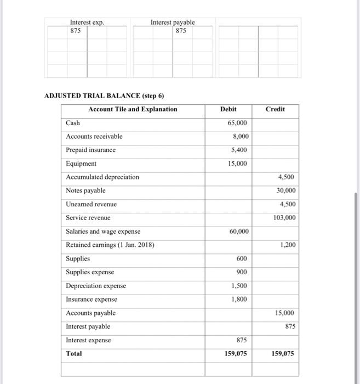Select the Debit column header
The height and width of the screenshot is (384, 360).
coord(228,109)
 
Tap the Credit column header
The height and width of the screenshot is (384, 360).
coord(275,109)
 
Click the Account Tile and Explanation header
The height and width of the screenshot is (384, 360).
coord(133,109)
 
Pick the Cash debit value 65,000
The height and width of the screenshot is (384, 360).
coord(237,123)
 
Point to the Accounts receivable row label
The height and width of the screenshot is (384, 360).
coord(94,137)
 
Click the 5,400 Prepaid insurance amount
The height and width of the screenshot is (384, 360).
coord(239,150)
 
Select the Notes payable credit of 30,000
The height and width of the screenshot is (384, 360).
coord(286,190)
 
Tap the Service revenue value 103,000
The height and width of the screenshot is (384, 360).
coord(284,218)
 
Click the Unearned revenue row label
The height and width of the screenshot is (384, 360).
coord(91,204)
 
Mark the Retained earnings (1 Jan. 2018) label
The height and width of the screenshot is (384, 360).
coord(110,245)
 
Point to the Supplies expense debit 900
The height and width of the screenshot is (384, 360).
coord(242,272)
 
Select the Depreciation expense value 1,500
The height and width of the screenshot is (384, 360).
coord(239,286)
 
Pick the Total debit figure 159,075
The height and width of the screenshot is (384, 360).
coord(236,354)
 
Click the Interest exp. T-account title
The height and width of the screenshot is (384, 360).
coord(87,22)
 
